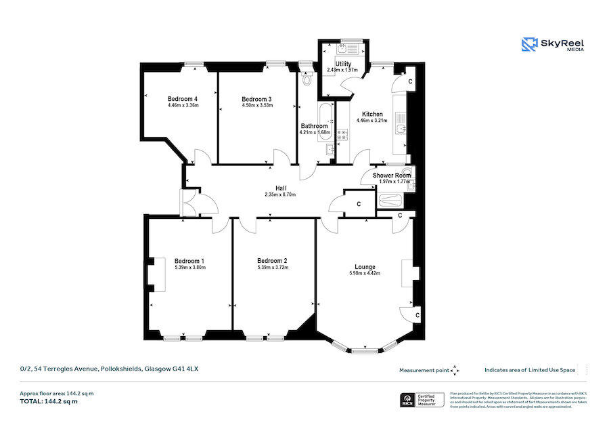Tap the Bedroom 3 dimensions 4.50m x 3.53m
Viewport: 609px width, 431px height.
[256, 106]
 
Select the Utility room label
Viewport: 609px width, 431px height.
[338, 64]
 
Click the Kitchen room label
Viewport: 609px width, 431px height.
[371, 115]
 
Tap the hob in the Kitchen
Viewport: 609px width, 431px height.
[342, 135]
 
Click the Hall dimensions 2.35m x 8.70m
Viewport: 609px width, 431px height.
[280, 195]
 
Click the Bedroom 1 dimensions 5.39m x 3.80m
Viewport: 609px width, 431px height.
[189, 268]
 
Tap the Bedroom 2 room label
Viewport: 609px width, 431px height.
[272, 261]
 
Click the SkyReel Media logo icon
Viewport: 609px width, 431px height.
[529, 45]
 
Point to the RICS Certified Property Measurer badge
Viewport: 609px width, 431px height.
[423, 401]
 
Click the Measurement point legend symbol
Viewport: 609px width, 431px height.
[455, 370]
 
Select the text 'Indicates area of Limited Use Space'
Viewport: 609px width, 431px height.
[530, 370]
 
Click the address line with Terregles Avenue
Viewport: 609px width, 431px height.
[108, 369]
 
